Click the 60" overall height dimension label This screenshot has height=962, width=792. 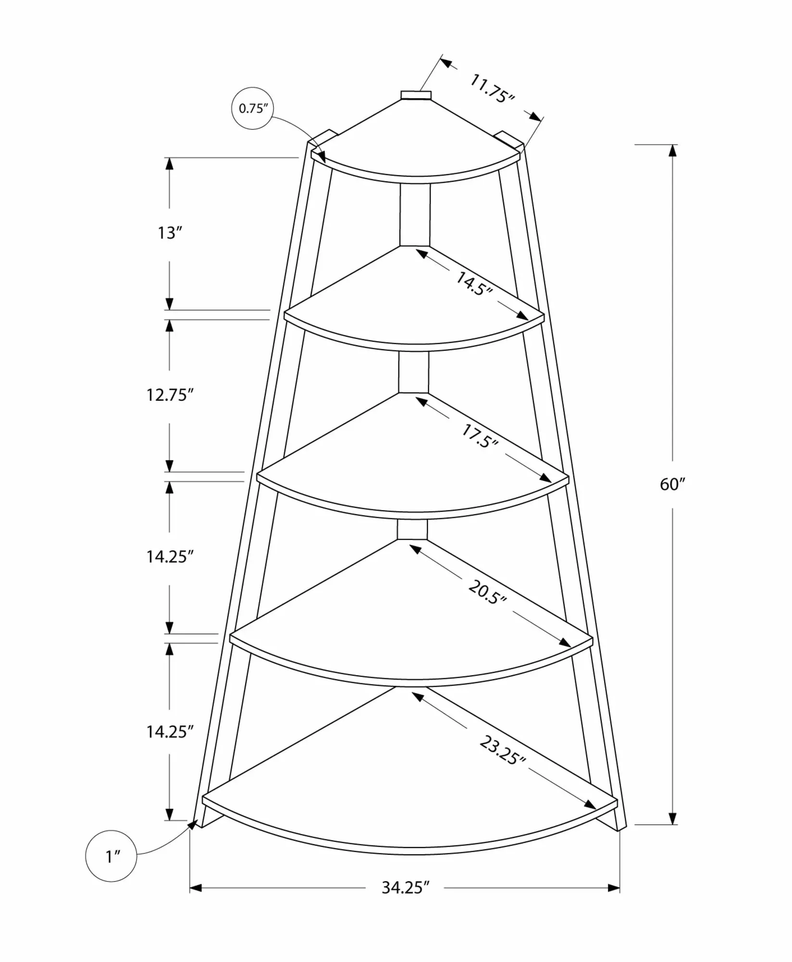click(x=672, y=484)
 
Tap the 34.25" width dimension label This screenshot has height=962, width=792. click(x=405, y=887)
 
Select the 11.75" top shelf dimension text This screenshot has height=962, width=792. click(x=492, y=89)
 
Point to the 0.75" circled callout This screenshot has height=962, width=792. click(x=253, y=109)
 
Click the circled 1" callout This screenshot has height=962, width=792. click(x=111, y=856)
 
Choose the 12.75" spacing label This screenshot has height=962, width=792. click(x=170, y=395)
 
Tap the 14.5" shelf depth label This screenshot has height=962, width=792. click(x=474, y=284)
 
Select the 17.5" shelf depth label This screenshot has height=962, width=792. click(x=479, y=436)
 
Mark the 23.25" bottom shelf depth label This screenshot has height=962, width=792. click(x=502, y=750)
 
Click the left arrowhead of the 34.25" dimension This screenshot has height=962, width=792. click(x=196, y=888)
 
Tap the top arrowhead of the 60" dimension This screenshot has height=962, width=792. click(x=672, y=151)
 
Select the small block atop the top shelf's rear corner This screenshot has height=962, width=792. click(x=417, y=95)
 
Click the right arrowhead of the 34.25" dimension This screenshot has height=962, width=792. click(x=614, y=888)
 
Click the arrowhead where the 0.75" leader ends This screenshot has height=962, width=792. click(x=321, y=156)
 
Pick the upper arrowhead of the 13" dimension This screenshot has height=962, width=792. click(x=169, y=164)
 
